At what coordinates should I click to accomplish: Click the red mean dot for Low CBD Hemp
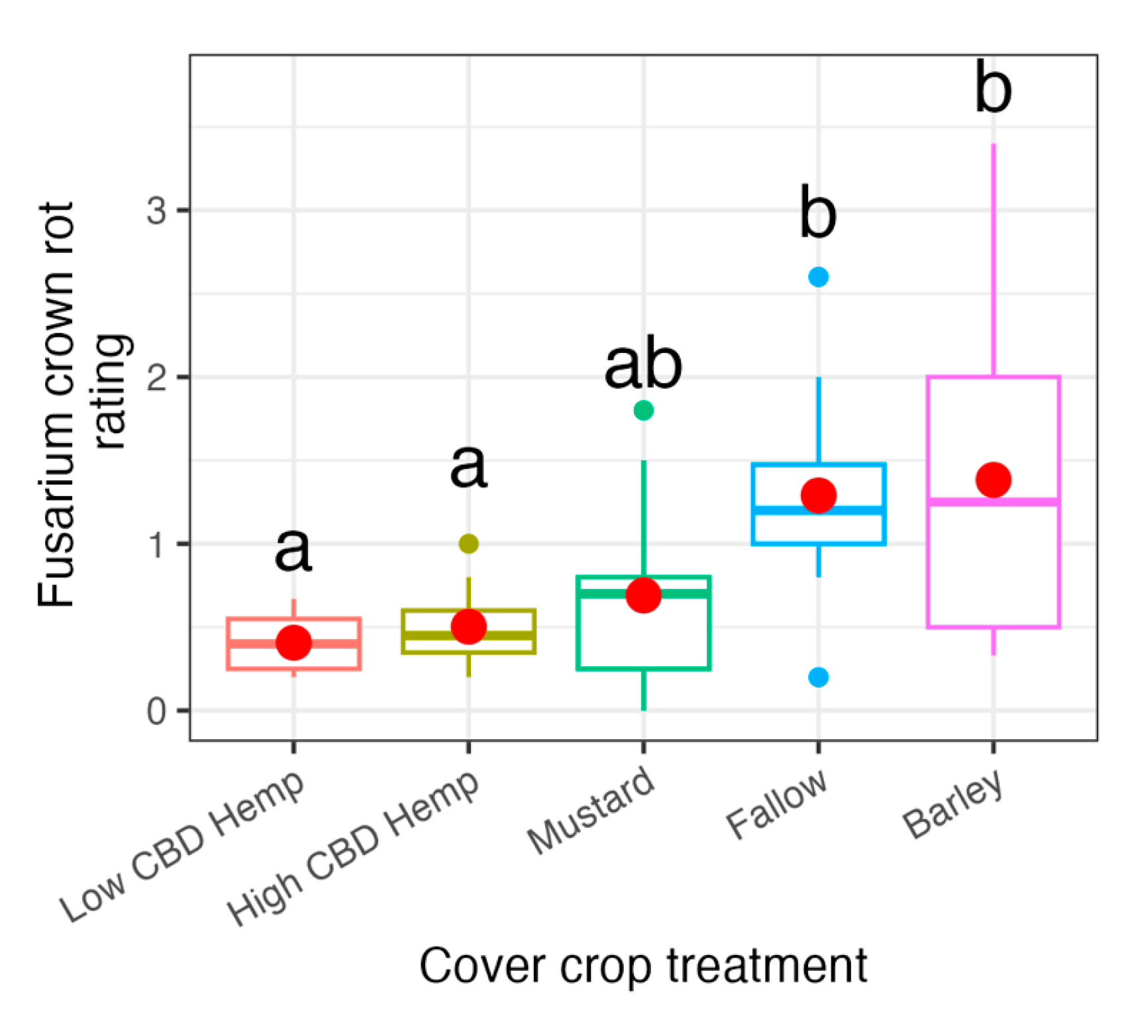pos(293,642)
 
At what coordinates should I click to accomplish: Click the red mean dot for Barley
pos(993,479)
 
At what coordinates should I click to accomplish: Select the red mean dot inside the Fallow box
pos(818,495)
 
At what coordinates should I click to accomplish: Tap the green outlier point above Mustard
pos(643,410)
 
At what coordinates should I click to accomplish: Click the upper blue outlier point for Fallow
pos(818,277)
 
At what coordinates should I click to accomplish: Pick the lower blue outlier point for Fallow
pos(818,677)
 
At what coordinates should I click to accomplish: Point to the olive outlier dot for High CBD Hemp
pos(468,544)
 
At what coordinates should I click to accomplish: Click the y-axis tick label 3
pos(157,211)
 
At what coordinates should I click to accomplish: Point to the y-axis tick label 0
pos(157,711)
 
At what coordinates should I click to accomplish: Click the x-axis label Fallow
pos(777,803)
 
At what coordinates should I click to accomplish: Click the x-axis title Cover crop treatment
pos(642,965)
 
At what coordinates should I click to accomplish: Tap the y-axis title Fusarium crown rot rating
pos(83,404)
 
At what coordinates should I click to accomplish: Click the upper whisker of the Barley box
pos(993,258)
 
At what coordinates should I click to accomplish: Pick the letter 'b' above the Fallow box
pos(818,213)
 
